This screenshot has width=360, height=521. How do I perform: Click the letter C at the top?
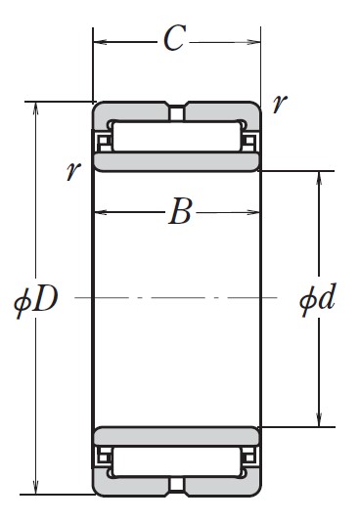pyautogui.click(x=175, y=39)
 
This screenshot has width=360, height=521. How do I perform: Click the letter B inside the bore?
pyautogui.click(x=179, y=211)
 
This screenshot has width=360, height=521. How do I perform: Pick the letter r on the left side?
pyautogui.click(x=72, y=171)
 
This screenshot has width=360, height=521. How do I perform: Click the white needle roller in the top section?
pyautogui.click(x=176, y=136)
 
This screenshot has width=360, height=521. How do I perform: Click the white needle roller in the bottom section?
pyautogui.click(x=176, y=460)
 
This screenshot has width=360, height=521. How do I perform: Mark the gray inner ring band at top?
pyautogui.click(x=176, y=160)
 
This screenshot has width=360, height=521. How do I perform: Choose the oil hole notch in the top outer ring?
pyautogui.click(x=176, y=114)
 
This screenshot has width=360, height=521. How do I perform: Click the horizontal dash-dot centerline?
pyautogui.click(x=176, y=296)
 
